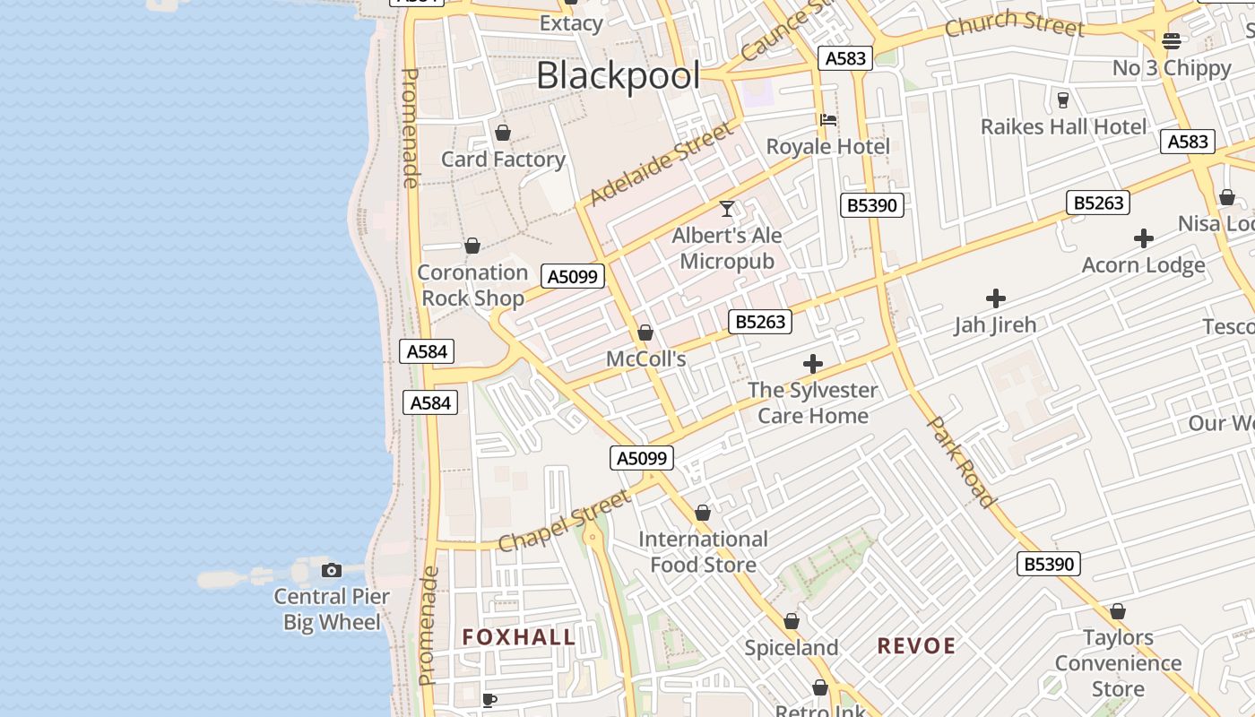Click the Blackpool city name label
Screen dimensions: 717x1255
[618, 76]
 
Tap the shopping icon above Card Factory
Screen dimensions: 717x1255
[503, 134]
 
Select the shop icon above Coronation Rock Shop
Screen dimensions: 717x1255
[472, 246]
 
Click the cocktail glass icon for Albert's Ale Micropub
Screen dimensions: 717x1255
[727, 209]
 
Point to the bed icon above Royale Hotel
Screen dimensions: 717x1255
[828, 120]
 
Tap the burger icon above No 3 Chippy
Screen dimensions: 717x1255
[1172, 41]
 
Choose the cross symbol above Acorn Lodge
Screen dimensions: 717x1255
[1143, 238]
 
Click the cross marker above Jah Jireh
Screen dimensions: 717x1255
[995, 298]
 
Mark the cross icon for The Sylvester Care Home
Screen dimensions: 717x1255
[813, 364]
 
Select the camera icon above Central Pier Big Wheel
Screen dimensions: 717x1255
[332, 570]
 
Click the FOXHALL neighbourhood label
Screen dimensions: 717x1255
[519, 637]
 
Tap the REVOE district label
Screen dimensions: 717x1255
[916, 645]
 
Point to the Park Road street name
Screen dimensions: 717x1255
[962, 462]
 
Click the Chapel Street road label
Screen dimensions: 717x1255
[564, 522]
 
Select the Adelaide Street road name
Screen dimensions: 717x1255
[662, 165]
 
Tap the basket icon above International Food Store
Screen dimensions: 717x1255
[703, 514]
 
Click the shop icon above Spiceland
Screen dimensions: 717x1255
[792, 622]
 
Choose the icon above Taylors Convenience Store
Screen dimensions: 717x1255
[1118, 612]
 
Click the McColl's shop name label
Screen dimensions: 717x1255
[645, 359]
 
